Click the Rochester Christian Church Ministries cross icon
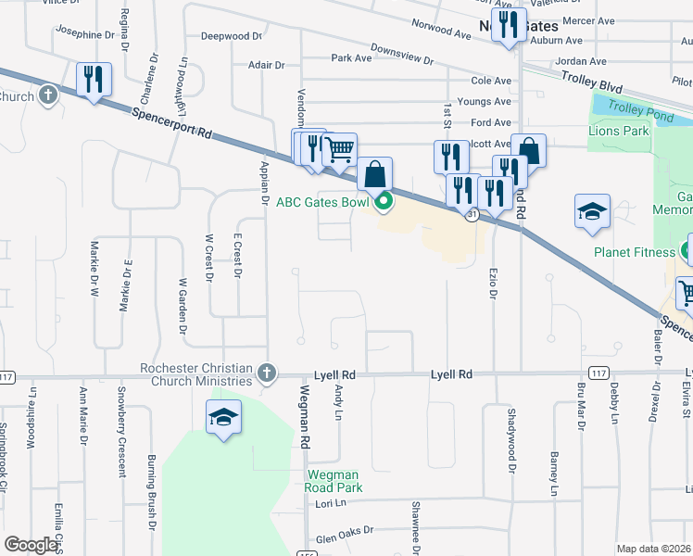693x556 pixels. (267, 373)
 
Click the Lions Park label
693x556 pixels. (618, 132)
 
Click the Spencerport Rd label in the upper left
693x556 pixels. (173, 123)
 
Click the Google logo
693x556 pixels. (31, 544)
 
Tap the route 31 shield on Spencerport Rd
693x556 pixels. (472, 215)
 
